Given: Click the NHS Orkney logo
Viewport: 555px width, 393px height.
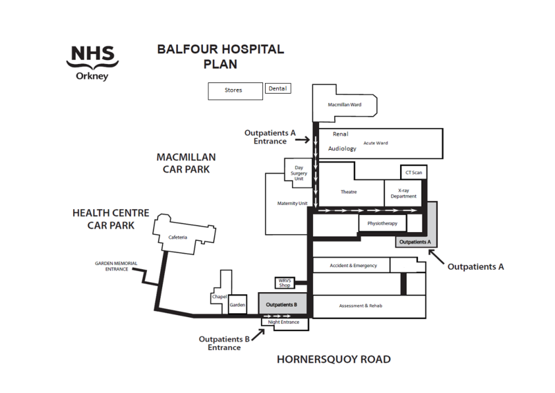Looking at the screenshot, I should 92,63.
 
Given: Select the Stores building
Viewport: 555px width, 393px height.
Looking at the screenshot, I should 235,90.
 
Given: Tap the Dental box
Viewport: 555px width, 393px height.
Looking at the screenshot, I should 277,88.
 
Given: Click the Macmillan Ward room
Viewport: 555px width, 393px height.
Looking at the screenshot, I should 344,104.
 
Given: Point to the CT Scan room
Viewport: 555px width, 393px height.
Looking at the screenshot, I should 413,172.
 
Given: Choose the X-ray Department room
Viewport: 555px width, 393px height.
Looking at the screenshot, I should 403,193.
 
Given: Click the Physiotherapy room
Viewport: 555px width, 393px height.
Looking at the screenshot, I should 382,224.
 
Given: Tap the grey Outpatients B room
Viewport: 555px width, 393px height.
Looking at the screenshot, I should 281,305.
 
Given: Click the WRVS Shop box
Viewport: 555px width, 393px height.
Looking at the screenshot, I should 284,283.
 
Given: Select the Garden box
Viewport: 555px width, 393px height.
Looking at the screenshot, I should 237,305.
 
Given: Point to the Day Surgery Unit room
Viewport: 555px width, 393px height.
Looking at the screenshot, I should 298,173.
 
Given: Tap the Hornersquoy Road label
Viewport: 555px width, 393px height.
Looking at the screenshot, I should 333,359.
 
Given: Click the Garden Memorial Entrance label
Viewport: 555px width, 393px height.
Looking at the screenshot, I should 116,266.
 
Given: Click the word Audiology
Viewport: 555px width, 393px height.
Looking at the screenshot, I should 342,148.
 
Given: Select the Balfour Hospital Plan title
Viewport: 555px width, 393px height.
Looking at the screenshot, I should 220,57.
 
